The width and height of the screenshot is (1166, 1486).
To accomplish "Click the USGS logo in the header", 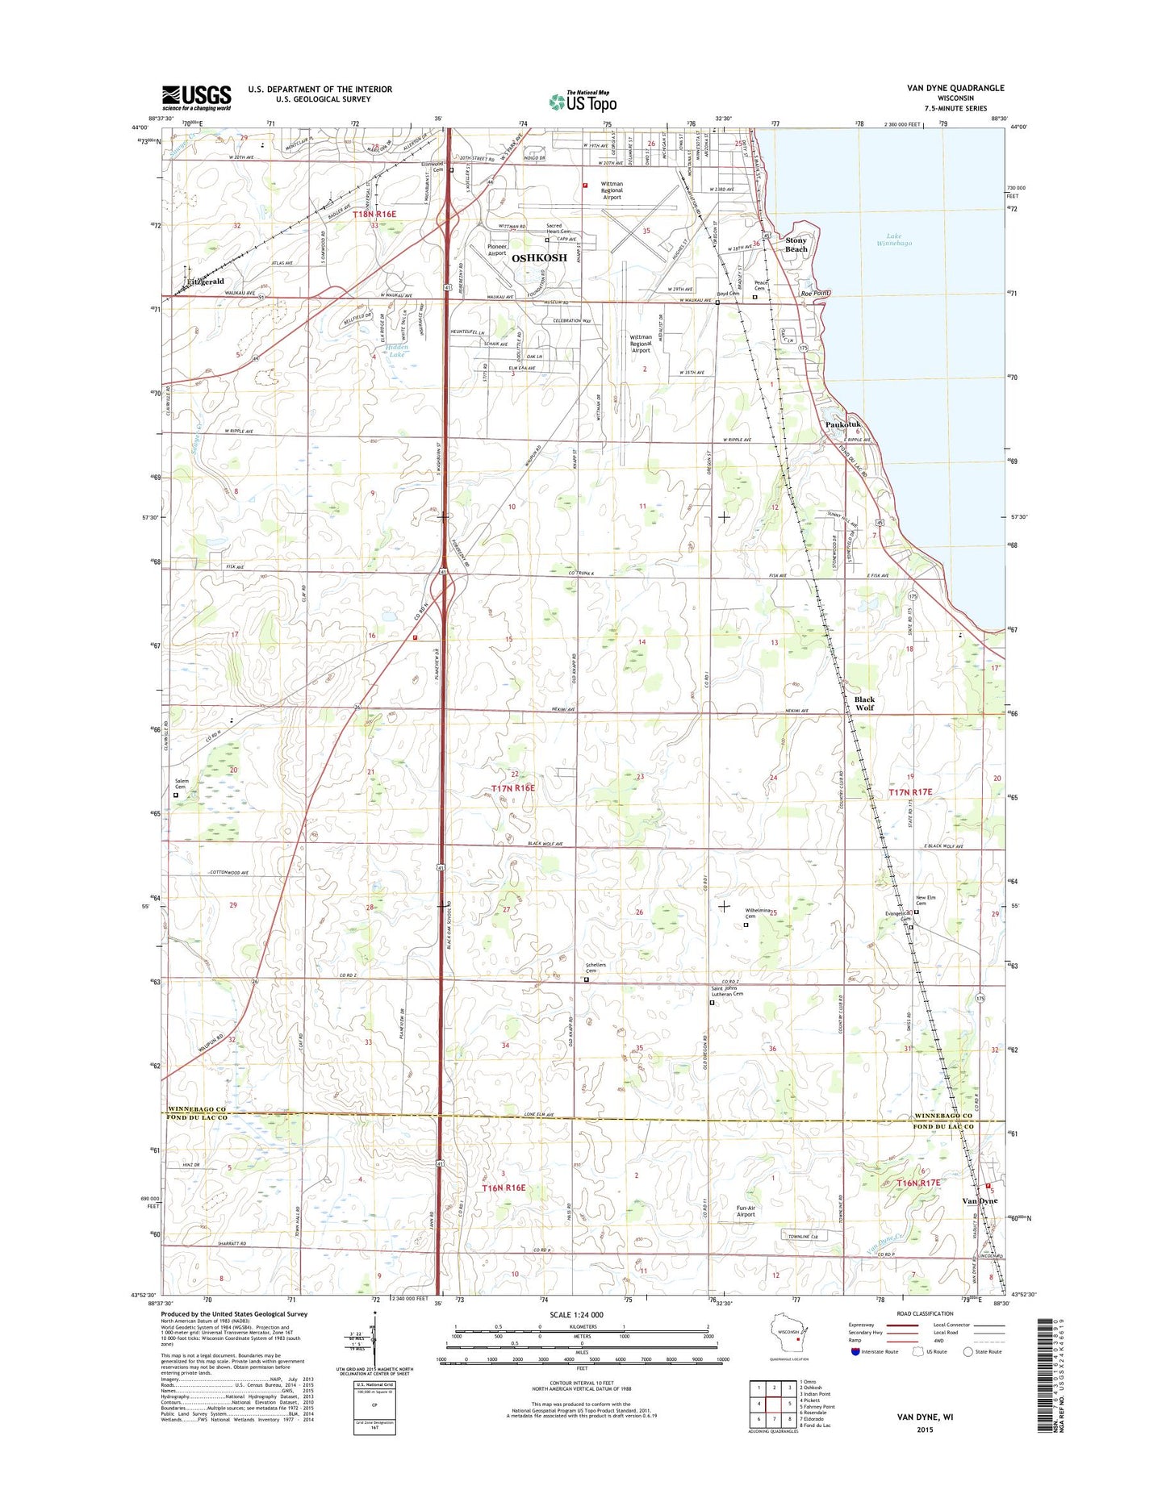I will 196,98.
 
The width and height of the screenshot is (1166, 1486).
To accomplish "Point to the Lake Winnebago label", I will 894,240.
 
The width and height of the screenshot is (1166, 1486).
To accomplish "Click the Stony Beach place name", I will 796,244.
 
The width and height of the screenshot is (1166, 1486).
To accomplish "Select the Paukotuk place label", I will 843,424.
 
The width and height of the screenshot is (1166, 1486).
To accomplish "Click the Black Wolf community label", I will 864,703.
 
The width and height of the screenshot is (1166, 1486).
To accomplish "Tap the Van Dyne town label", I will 980,1200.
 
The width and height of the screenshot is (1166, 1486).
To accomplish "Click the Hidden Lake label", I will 397,350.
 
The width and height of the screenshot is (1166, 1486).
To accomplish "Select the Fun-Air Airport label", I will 746,1211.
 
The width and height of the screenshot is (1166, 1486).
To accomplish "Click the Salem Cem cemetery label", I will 180,783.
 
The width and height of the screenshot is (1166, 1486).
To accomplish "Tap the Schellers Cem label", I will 596,967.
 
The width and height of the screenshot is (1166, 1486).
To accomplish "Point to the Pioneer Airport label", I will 497,250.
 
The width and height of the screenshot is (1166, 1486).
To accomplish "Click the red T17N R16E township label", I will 513,787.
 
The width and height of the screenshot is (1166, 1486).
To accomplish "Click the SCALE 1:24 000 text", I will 576,1338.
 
